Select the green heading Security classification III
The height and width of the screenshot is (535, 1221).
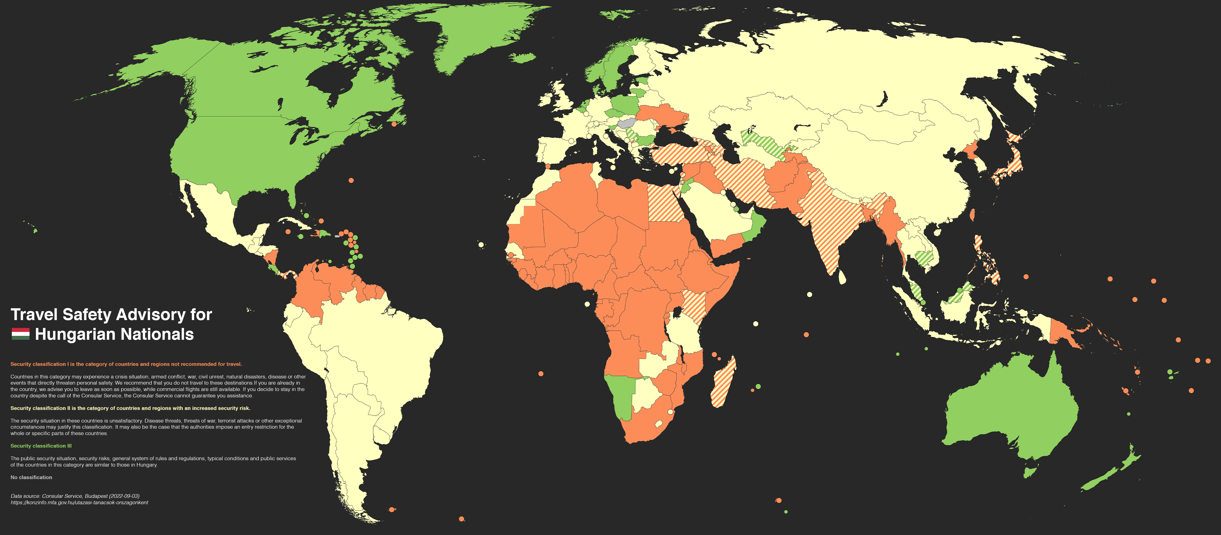click(41, 446)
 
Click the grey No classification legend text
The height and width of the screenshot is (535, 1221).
click(31, 477)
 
